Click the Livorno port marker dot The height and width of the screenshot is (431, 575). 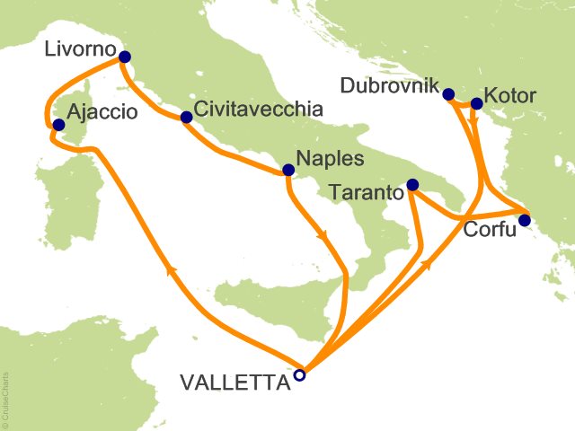124,58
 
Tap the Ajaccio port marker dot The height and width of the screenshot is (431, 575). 58,126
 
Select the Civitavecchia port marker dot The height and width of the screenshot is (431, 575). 186,118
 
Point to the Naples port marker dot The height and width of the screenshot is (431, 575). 288,170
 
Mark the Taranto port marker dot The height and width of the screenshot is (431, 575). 412,185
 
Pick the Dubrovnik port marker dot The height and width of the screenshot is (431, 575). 448,92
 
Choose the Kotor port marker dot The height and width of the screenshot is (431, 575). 476,105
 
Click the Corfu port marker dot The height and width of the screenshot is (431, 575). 525,220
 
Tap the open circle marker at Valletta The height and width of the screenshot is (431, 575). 300,375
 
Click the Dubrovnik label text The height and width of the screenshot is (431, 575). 388,87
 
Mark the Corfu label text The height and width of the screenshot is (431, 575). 490,231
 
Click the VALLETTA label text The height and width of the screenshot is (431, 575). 236,383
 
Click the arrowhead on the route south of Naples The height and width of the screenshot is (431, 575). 322,236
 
